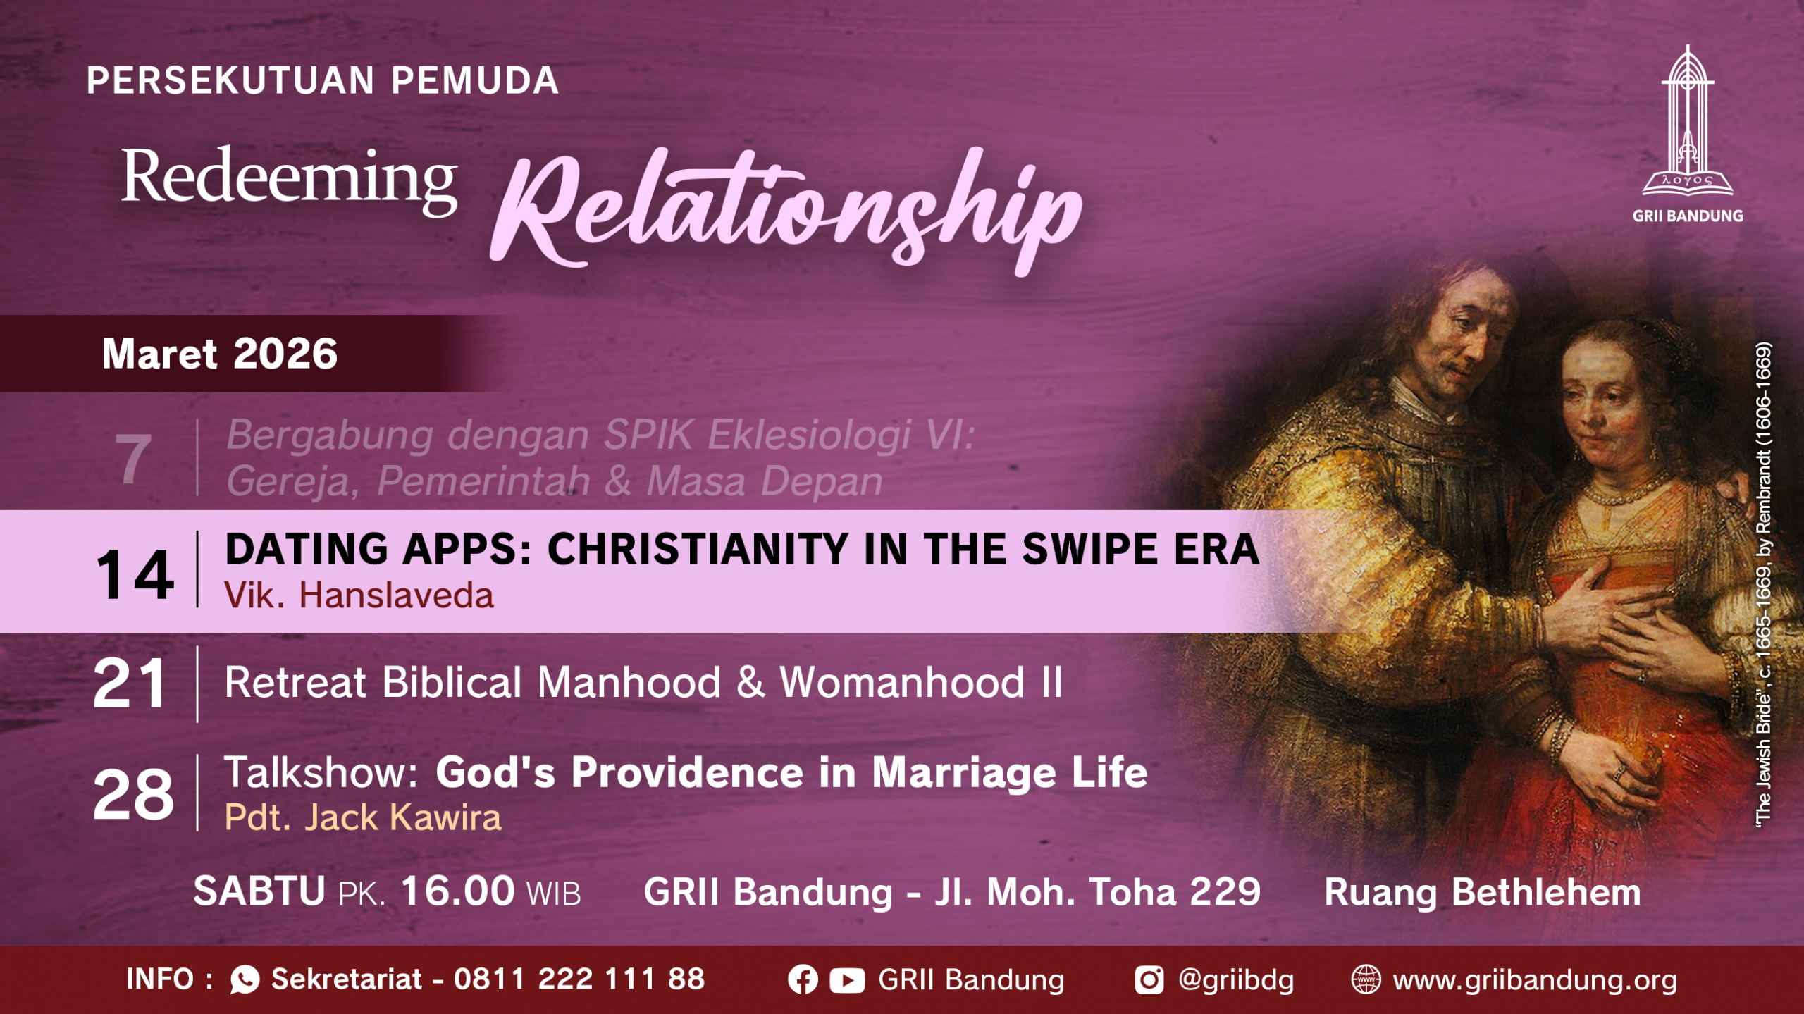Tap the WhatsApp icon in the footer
pyautogui.click(x=245, y=979)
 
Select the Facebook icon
pyautogui.click(x=803, y=979)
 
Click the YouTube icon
pyautogui.click(x=847, y=980)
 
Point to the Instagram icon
pyautogui.click(x=1149, y=979)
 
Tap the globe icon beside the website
pyautogui.click(x=1366, y=979)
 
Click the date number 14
pyautogui.click(x=135, y=575)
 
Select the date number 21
pyautogui.click(x=130, y=683)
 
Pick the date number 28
pyautogui.click(x=133, y=794)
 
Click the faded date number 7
pyautogui.click(x=133, y=459)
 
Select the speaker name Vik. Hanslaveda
pyautogui.click(x=359, y=595)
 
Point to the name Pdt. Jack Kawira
pyautogui.click(x=363, y=817)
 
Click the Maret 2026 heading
pyautogui.click(x=220, y=353)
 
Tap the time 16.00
pyautogui.click(x=458, y=891)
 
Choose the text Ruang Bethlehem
pyautogui.click(x=1483, y=892)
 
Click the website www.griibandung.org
pyautogui.click(x=1536, y=980)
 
